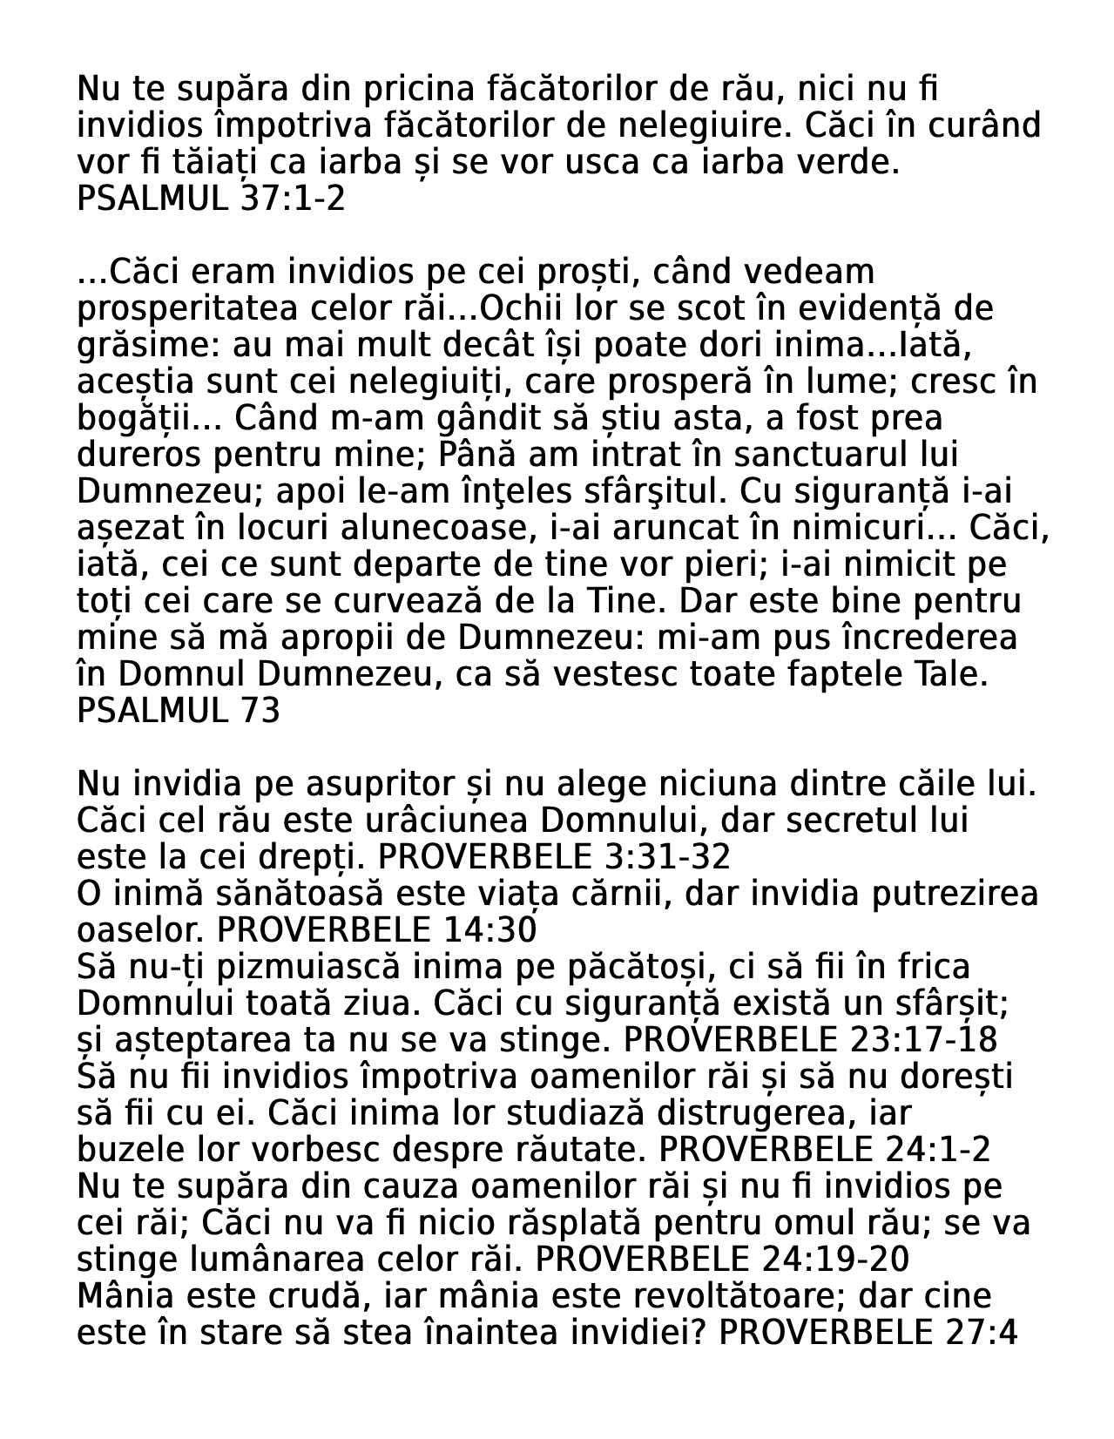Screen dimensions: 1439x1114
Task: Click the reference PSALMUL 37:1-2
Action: (x=211, y=199)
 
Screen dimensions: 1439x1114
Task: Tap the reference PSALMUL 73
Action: (x=179, y=711)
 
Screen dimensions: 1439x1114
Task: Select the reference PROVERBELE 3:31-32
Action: (x=555, y=857)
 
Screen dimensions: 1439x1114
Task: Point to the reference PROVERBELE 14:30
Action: (x=376, y=930)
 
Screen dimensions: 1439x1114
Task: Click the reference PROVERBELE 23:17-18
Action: (x=811, y=1040)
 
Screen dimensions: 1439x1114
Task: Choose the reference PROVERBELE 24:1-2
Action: (x=824, y=1150)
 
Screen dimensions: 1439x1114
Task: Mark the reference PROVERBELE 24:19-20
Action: (x=722, y=1260)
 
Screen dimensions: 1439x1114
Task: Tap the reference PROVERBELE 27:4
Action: (x=868, y=1333)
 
